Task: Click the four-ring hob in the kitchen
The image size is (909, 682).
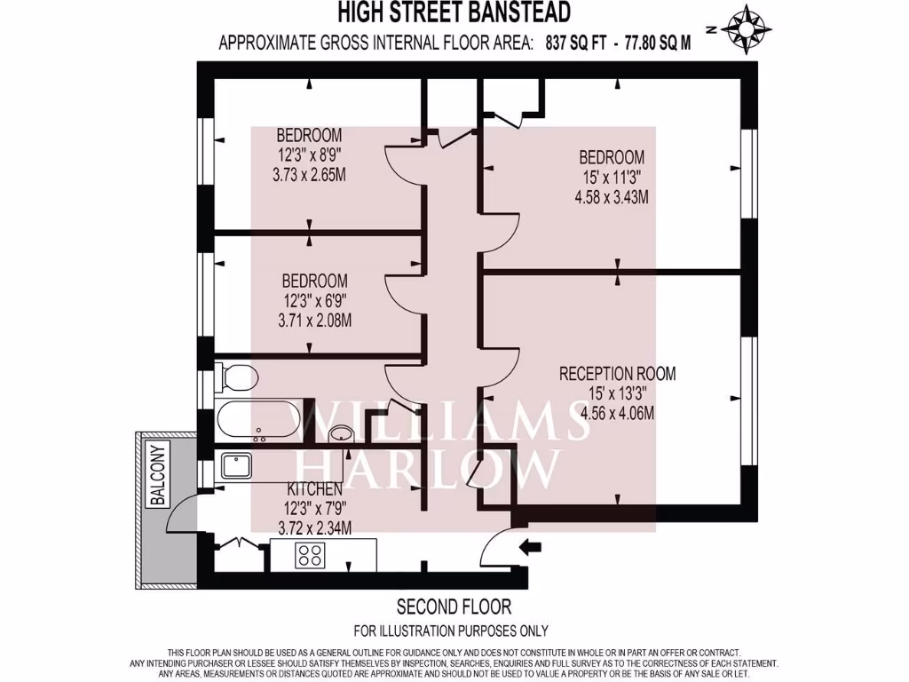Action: [x=312, y=556]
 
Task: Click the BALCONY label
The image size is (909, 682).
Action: [x=158, y=475]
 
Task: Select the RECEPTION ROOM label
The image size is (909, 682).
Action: [x=617, y=374]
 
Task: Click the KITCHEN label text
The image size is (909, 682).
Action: [x=314, y=490]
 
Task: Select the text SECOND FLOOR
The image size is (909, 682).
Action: [x=454, y=607]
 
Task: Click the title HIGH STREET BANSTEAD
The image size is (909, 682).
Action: [x=454, y=13]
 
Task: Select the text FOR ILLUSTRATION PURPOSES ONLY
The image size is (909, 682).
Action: [x=451, y=631]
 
